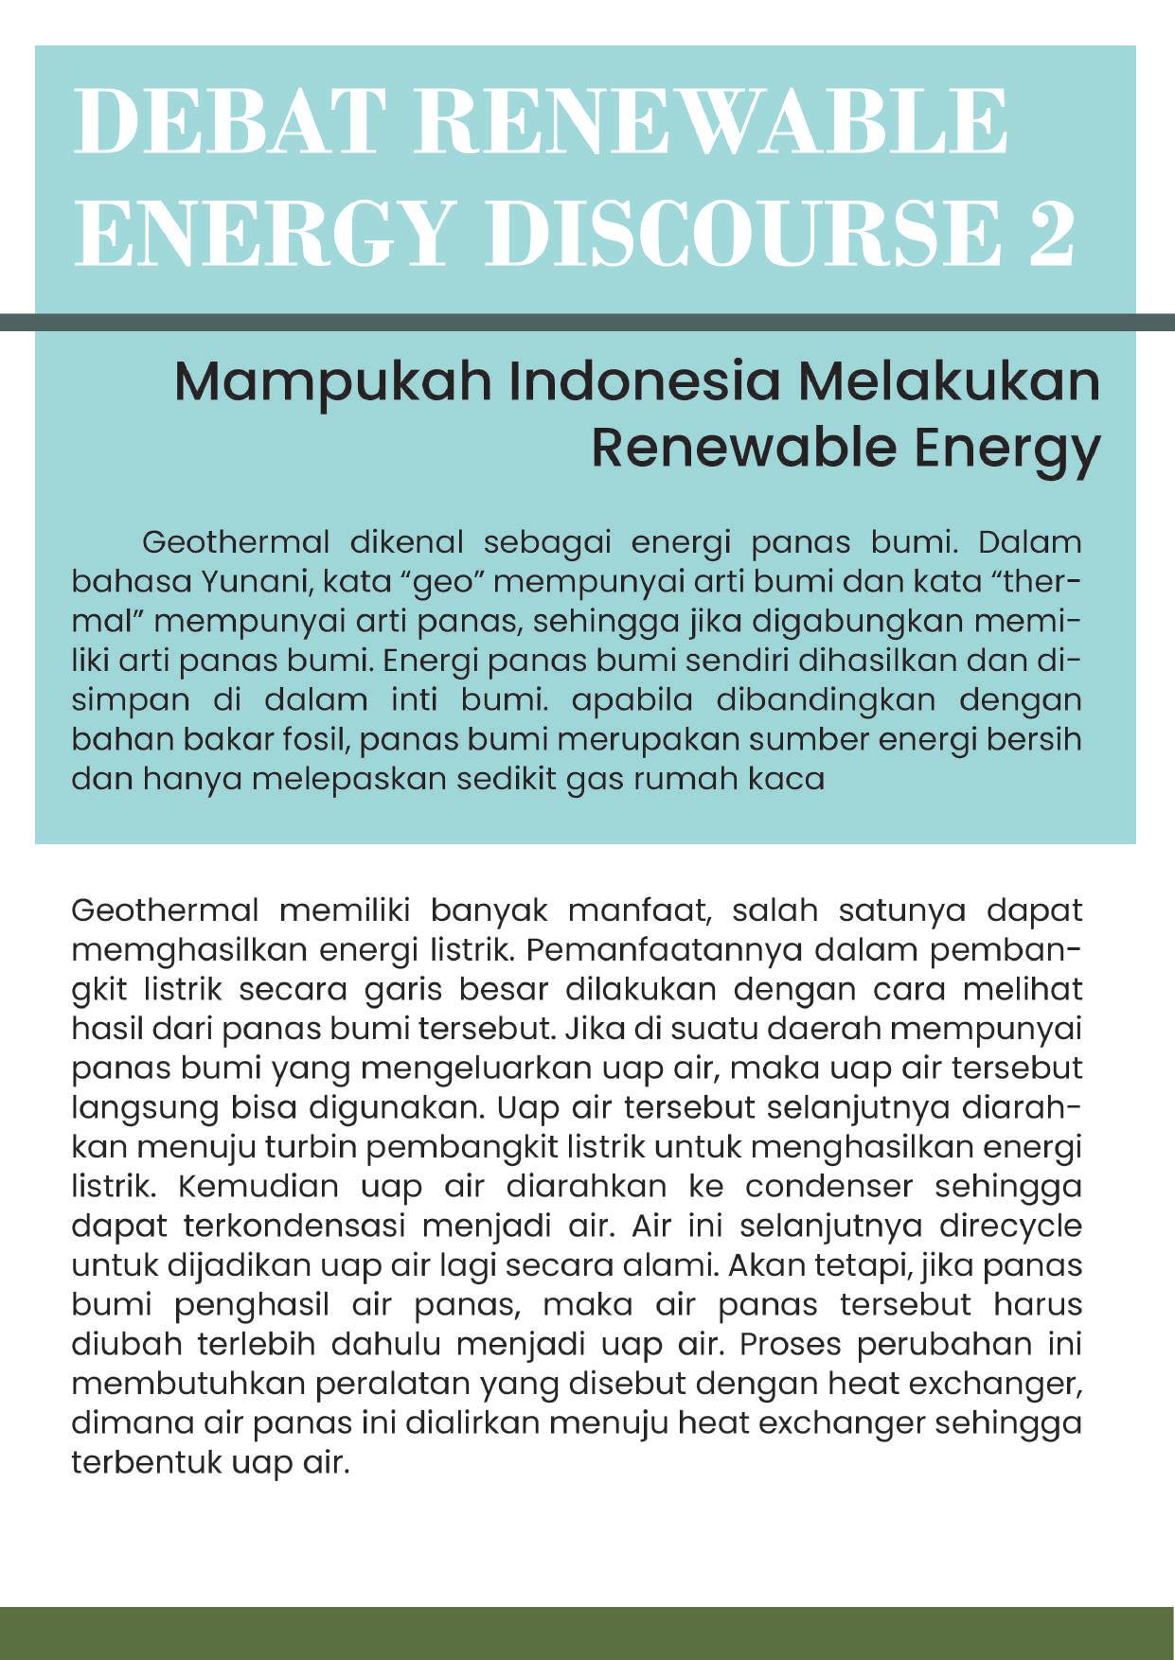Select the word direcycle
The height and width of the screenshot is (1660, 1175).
pos(1010,1226)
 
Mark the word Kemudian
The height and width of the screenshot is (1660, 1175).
pos(258,1186)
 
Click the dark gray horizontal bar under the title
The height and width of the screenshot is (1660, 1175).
pos(587,323)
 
